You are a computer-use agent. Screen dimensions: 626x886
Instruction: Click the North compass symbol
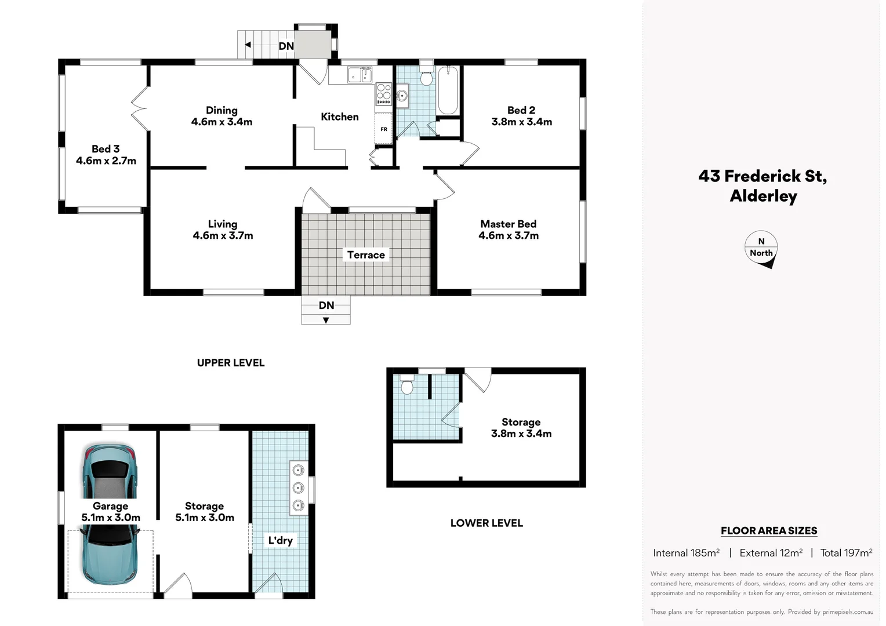(x=761, y=249)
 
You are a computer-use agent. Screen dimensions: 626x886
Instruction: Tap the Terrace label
(x=366, y=255)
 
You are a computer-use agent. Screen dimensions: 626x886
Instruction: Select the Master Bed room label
(x=508, y=224)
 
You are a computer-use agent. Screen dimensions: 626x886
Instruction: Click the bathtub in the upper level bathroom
(x=448, y=91)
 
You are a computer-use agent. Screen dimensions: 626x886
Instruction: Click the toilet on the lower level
(x=407, y=385)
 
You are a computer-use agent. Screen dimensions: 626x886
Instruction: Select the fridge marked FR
(x=384, y=129)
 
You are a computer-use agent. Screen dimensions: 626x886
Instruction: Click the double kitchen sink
(x=360, y=75)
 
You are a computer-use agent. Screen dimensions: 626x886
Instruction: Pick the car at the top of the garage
(x=110, y=471)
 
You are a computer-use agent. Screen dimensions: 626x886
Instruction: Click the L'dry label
(x=280, y=541)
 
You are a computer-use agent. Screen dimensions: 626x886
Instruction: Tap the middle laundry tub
(x=298, y=487)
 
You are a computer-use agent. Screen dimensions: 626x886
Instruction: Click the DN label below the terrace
(x=326, y=305)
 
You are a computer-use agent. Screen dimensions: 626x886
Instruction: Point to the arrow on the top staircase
(x=248, y=45)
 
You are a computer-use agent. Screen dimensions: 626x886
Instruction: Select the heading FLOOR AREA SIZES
(x=769, y=530)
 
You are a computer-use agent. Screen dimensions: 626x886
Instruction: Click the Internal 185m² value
(x=686, y=553)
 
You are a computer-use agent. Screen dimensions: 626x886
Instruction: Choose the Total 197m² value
(x=846, y=553)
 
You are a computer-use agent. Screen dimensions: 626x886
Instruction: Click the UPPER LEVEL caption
(x=231, y=363)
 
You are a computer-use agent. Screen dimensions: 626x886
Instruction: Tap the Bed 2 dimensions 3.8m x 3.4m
(x=521, y=122)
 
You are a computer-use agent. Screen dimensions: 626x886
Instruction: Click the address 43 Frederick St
(x=762, y=176)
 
